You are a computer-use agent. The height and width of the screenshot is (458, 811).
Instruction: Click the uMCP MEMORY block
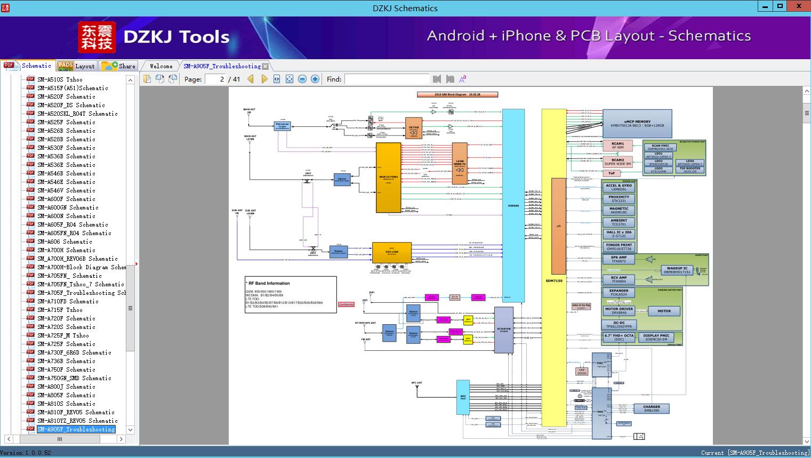click(637, 124)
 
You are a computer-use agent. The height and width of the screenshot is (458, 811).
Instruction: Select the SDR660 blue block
click(513, 205)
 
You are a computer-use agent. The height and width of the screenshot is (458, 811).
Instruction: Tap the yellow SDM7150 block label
click(553, 280)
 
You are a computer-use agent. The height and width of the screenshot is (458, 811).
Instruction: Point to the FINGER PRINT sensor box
click(619, 247)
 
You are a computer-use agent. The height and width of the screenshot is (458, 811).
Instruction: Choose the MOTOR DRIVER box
click(619, 311)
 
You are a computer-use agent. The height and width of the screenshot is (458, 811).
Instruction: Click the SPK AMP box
click(619, 260)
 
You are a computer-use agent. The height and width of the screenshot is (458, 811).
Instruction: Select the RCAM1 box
click(617, 146)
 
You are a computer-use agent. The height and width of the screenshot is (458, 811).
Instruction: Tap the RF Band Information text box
click(291, 294)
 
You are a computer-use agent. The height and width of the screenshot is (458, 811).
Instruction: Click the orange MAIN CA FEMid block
click(388, 178)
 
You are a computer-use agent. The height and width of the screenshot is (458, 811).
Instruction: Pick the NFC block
click(463, 397)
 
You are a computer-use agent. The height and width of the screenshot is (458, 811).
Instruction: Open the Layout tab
click(77, 66)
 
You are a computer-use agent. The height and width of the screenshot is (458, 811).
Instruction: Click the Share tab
click(119, 66)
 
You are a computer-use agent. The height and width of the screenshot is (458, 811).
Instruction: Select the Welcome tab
click(160, 66)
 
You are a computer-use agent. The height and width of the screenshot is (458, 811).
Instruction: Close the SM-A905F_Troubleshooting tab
click(266, 67)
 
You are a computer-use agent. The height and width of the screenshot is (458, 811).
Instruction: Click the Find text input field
click(387, 79)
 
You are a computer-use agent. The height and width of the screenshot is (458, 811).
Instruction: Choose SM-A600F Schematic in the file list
click(66, 199)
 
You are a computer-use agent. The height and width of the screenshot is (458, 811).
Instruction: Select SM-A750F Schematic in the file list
click(66, 369)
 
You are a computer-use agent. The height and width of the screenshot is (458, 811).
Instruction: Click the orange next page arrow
click(264, 79)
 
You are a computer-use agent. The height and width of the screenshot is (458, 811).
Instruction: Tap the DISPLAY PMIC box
click(656, 338)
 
